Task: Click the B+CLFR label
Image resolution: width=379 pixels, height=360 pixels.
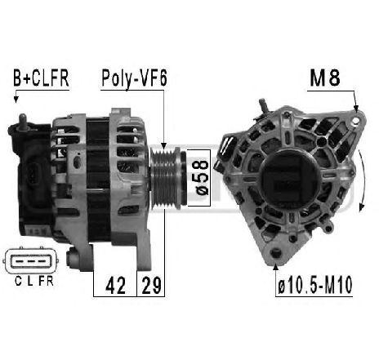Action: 41,78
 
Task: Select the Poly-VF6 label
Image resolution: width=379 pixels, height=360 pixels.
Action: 134,78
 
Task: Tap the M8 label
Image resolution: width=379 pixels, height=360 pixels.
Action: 325,78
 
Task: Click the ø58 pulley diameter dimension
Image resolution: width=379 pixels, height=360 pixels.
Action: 202,177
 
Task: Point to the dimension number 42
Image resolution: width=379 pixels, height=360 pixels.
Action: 115,286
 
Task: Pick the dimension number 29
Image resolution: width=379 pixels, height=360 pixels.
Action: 151,286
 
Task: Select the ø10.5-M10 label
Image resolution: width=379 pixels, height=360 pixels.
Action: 315,285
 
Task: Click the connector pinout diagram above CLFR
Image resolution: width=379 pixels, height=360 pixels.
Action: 31,261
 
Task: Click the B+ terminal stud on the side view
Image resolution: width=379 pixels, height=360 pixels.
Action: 22,122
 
